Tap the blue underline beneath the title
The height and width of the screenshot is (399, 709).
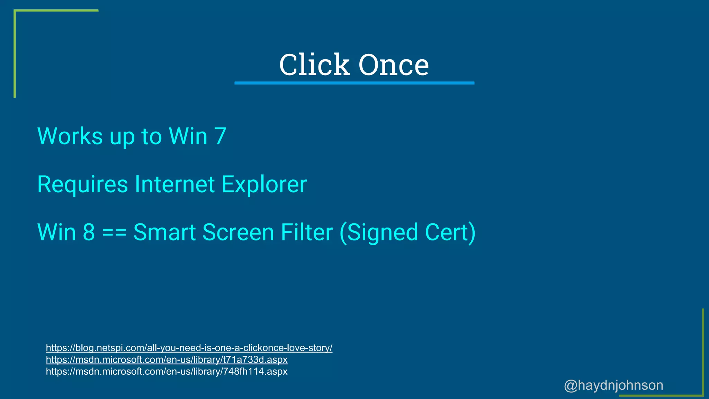(354, 83)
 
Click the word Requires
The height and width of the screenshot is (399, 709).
(82, 184)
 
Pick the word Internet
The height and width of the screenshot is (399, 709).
(174, 184)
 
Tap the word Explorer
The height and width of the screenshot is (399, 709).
(264, 185)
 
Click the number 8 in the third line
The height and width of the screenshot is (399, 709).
(89, 232)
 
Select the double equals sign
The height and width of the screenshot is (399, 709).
(114, 233)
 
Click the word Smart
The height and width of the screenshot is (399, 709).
(164, 232)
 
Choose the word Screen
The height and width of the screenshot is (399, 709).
(238, 232)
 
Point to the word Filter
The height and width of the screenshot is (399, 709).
(307, 232)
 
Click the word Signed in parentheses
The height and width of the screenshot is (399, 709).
(379, 233)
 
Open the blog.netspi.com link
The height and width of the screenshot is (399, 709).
(189, 348)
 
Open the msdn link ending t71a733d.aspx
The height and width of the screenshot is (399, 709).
(167, 360)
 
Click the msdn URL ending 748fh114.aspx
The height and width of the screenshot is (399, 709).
(167, 371)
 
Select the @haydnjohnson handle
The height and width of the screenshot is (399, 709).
(613, 385)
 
